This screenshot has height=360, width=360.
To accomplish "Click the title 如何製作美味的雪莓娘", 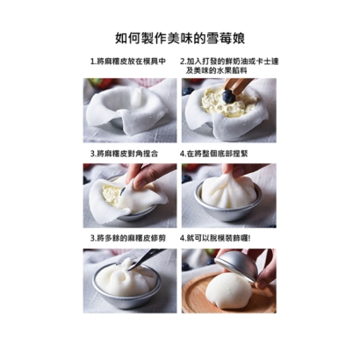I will point(179,38).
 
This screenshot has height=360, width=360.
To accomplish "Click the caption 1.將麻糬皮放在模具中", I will point(128,63).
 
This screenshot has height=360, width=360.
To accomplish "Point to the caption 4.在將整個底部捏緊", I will point(223,152).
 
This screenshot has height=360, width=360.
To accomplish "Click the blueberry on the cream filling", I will point(228,96).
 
